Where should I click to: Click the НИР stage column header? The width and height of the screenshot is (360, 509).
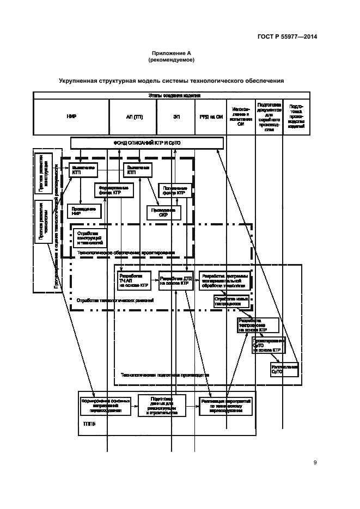(x=71, y=117)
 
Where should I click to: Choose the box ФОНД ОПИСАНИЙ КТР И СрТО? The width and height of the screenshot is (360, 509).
(x=147, y=143)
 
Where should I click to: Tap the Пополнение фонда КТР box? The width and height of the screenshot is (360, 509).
(x=175, y=190)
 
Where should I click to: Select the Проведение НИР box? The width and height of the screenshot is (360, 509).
(x=83, y=211)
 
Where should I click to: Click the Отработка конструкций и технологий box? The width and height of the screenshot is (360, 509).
(x=88, y=237)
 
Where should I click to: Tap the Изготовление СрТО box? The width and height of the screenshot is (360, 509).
(x=284, y=370)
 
